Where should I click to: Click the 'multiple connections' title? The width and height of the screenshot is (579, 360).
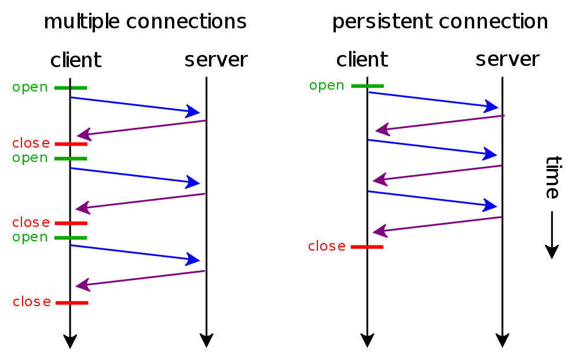tap(145, 22)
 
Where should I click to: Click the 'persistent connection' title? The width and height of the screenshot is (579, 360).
tap(440, 22)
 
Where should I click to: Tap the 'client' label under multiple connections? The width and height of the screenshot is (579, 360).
tap(76, 60)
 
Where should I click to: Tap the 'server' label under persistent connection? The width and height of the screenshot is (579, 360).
tap(507, 60)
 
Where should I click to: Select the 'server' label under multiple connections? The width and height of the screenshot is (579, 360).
tap(216, 60)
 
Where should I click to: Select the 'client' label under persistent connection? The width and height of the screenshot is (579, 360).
tap(362, 60)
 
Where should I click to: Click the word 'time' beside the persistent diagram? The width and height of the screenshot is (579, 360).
tap(554, 178)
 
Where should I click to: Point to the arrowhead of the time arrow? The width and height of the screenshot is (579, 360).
tap(552, 252)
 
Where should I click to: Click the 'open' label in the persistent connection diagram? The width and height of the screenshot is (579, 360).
tap(327, 86)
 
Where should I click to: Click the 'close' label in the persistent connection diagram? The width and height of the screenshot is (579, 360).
tap(327, 246)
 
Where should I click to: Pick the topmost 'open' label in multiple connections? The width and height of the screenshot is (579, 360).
tap(30, 87)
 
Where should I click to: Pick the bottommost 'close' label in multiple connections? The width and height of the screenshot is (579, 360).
tap(32, 302)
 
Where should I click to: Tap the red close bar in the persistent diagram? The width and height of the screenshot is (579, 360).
tap(367, 247)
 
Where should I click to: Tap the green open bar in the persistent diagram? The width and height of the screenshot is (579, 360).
tap(368, 86)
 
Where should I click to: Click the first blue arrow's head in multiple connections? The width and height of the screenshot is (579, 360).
tap(193, 112)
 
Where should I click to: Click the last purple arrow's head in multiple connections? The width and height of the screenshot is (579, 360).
tap(83, 285)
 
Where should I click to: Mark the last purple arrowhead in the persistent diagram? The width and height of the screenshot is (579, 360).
tap(380, 231)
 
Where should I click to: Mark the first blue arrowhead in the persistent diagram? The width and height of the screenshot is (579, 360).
tap(492, 106)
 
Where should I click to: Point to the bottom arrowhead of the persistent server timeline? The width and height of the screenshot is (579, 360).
tap(503, 340)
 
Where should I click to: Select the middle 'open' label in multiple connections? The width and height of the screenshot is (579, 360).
tap(30, 158)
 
